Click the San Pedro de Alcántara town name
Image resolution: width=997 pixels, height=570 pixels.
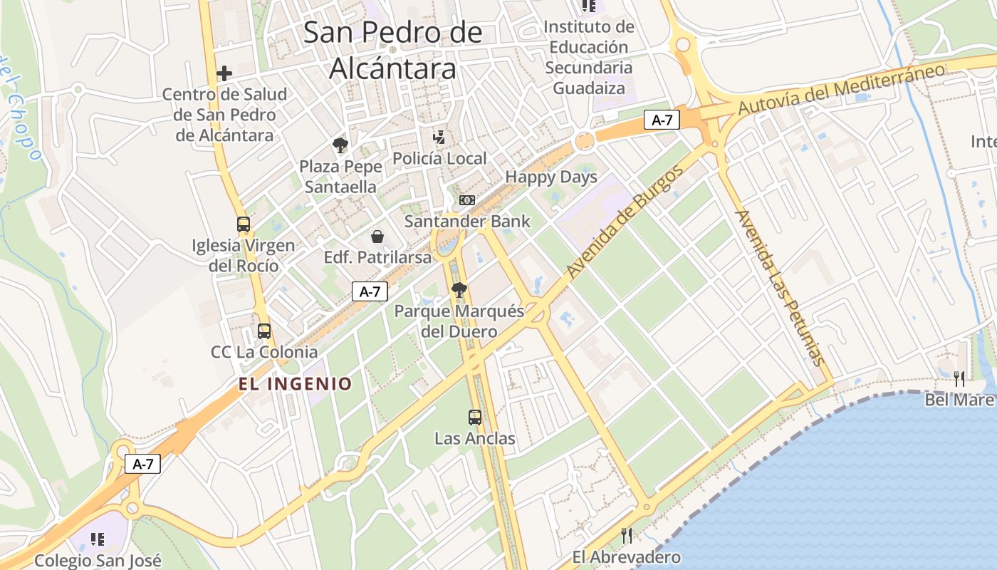393,50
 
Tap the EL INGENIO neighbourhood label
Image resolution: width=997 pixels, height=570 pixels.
295,384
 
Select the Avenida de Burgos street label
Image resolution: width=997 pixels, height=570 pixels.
625,222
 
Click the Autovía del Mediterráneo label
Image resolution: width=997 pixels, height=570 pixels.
841,89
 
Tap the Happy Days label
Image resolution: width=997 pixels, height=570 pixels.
551,177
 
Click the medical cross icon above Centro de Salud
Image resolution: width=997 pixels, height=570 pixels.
224,73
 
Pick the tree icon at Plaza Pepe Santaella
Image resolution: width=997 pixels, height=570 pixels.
340,145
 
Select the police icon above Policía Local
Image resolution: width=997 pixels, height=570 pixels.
439,137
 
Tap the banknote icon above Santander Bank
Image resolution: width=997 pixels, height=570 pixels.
467,200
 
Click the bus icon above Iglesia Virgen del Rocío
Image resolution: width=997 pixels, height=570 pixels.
243,224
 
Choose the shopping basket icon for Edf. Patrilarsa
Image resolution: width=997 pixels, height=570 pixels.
377,237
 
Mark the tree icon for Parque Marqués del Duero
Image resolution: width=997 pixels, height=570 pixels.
459,289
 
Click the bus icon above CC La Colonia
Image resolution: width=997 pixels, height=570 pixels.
264,331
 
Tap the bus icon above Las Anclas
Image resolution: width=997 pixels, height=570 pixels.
475,418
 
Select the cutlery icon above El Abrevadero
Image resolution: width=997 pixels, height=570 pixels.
627,535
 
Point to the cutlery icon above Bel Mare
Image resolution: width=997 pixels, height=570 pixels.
959,378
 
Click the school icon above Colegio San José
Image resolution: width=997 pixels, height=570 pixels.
98,539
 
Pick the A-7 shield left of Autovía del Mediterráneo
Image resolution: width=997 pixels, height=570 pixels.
662,120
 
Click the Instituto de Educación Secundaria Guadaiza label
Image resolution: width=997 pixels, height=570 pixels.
589,58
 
